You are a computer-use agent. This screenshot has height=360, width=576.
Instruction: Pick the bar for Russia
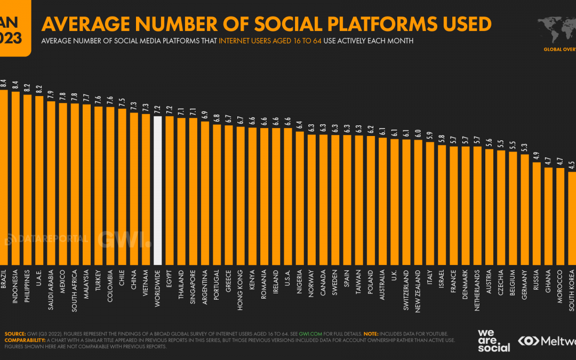(x=537, y=213)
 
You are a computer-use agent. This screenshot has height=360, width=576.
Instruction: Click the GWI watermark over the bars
(x=124, y=239)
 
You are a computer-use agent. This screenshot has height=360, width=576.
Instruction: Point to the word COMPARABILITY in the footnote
(x=25, y=340)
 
